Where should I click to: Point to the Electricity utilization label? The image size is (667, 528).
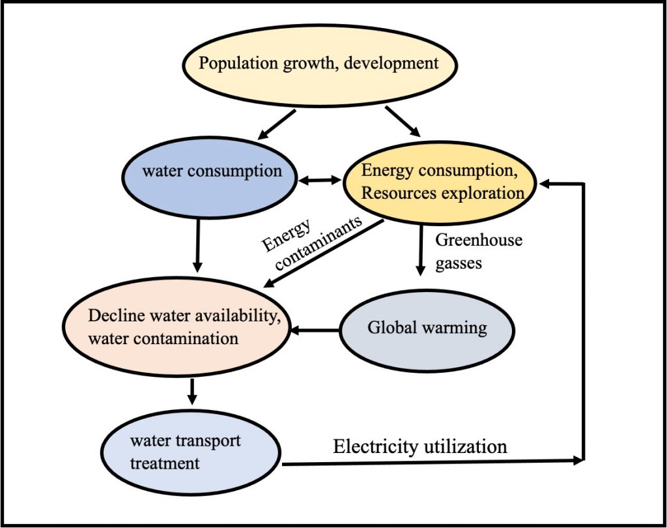click(419, 447)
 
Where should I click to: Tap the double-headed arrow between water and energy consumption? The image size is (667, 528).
click(320, 179)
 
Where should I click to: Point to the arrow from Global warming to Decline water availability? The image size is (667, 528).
click(315, 331)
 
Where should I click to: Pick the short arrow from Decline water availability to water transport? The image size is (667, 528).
click(192, 390)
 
